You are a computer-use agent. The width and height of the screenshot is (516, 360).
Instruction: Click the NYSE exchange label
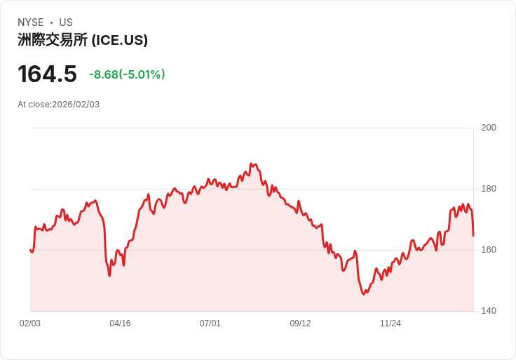point(32,22)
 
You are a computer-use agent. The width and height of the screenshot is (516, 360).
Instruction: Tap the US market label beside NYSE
point(66,22)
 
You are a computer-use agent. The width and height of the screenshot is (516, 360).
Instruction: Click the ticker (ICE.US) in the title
point(120,41)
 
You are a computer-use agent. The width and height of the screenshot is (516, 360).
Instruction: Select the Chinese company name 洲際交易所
point(53,41)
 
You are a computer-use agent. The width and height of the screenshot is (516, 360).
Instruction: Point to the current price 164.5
point(47,74)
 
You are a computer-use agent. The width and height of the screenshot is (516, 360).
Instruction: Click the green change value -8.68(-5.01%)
point(127,74)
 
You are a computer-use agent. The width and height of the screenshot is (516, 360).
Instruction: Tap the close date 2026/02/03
point(76,105)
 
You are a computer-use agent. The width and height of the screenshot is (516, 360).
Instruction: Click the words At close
point(34,105)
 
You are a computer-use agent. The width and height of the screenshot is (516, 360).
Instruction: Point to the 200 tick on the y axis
point(489,128)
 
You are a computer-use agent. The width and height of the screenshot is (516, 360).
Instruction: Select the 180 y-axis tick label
point(489,189)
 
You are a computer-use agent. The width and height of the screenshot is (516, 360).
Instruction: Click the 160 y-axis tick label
point(489,250)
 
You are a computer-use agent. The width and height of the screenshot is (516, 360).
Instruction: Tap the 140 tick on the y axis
point(489,311)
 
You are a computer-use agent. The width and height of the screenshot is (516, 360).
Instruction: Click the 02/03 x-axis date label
point(30,324)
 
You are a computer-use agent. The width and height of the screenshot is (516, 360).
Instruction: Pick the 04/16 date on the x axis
point(120,324)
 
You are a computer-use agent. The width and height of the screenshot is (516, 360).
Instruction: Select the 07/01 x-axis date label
point(210,324)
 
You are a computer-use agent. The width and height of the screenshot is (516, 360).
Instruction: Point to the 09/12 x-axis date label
point(300,324)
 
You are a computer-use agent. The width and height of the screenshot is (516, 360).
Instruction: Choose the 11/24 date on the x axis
point(391,324)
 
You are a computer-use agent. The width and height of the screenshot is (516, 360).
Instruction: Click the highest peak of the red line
point(251,164)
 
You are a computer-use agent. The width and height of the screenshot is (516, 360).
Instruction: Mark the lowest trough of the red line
point(364,294)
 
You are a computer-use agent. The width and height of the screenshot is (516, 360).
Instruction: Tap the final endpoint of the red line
point(473,235)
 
